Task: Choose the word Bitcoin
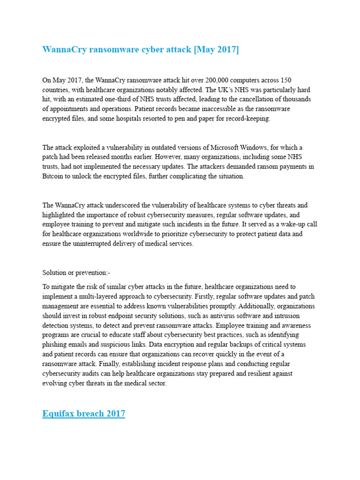point(53,176)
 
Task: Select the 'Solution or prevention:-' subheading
point(76,272)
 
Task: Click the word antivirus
point(219,315)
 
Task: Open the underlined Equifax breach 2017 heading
point(83,413)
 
